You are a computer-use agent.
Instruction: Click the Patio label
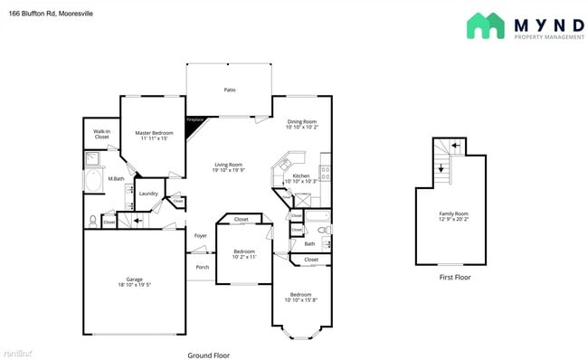pos(230,90)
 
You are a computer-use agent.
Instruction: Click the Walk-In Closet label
pos(101,134)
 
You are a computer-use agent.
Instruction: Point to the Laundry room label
pos(148,193)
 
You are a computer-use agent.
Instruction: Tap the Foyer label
pos(200,236)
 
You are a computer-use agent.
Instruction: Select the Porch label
pos(203,267)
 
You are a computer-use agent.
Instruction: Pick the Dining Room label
pos(302,121)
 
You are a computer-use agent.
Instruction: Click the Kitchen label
pos(301,175)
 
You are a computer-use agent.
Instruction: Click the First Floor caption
pos(454,277)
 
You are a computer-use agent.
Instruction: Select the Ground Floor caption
pos(208,355)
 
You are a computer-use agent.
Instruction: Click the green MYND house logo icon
pos(486,25)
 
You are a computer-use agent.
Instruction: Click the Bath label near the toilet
pos(309,243)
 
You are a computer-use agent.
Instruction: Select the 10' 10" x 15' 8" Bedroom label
pos(300,298)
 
